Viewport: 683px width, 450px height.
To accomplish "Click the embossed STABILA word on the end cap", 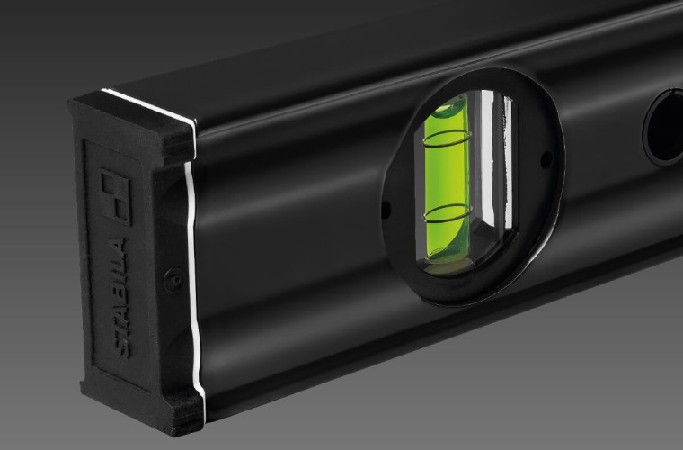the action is (120, 299).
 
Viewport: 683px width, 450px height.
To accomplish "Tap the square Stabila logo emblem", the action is (115, 196).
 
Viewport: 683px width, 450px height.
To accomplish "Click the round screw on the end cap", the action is (173, 280).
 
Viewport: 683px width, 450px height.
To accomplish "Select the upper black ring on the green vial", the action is (447, 139).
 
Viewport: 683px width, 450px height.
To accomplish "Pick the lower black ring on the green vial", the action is (448, 214).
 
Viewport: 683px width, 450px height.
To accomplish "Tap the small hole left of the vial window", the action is (386, 210).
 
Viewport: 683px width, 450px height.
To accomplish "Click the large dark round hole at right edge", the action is (663, 127).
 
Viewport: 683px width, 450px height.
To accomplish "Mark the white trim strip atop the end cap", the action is (148, 104).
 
